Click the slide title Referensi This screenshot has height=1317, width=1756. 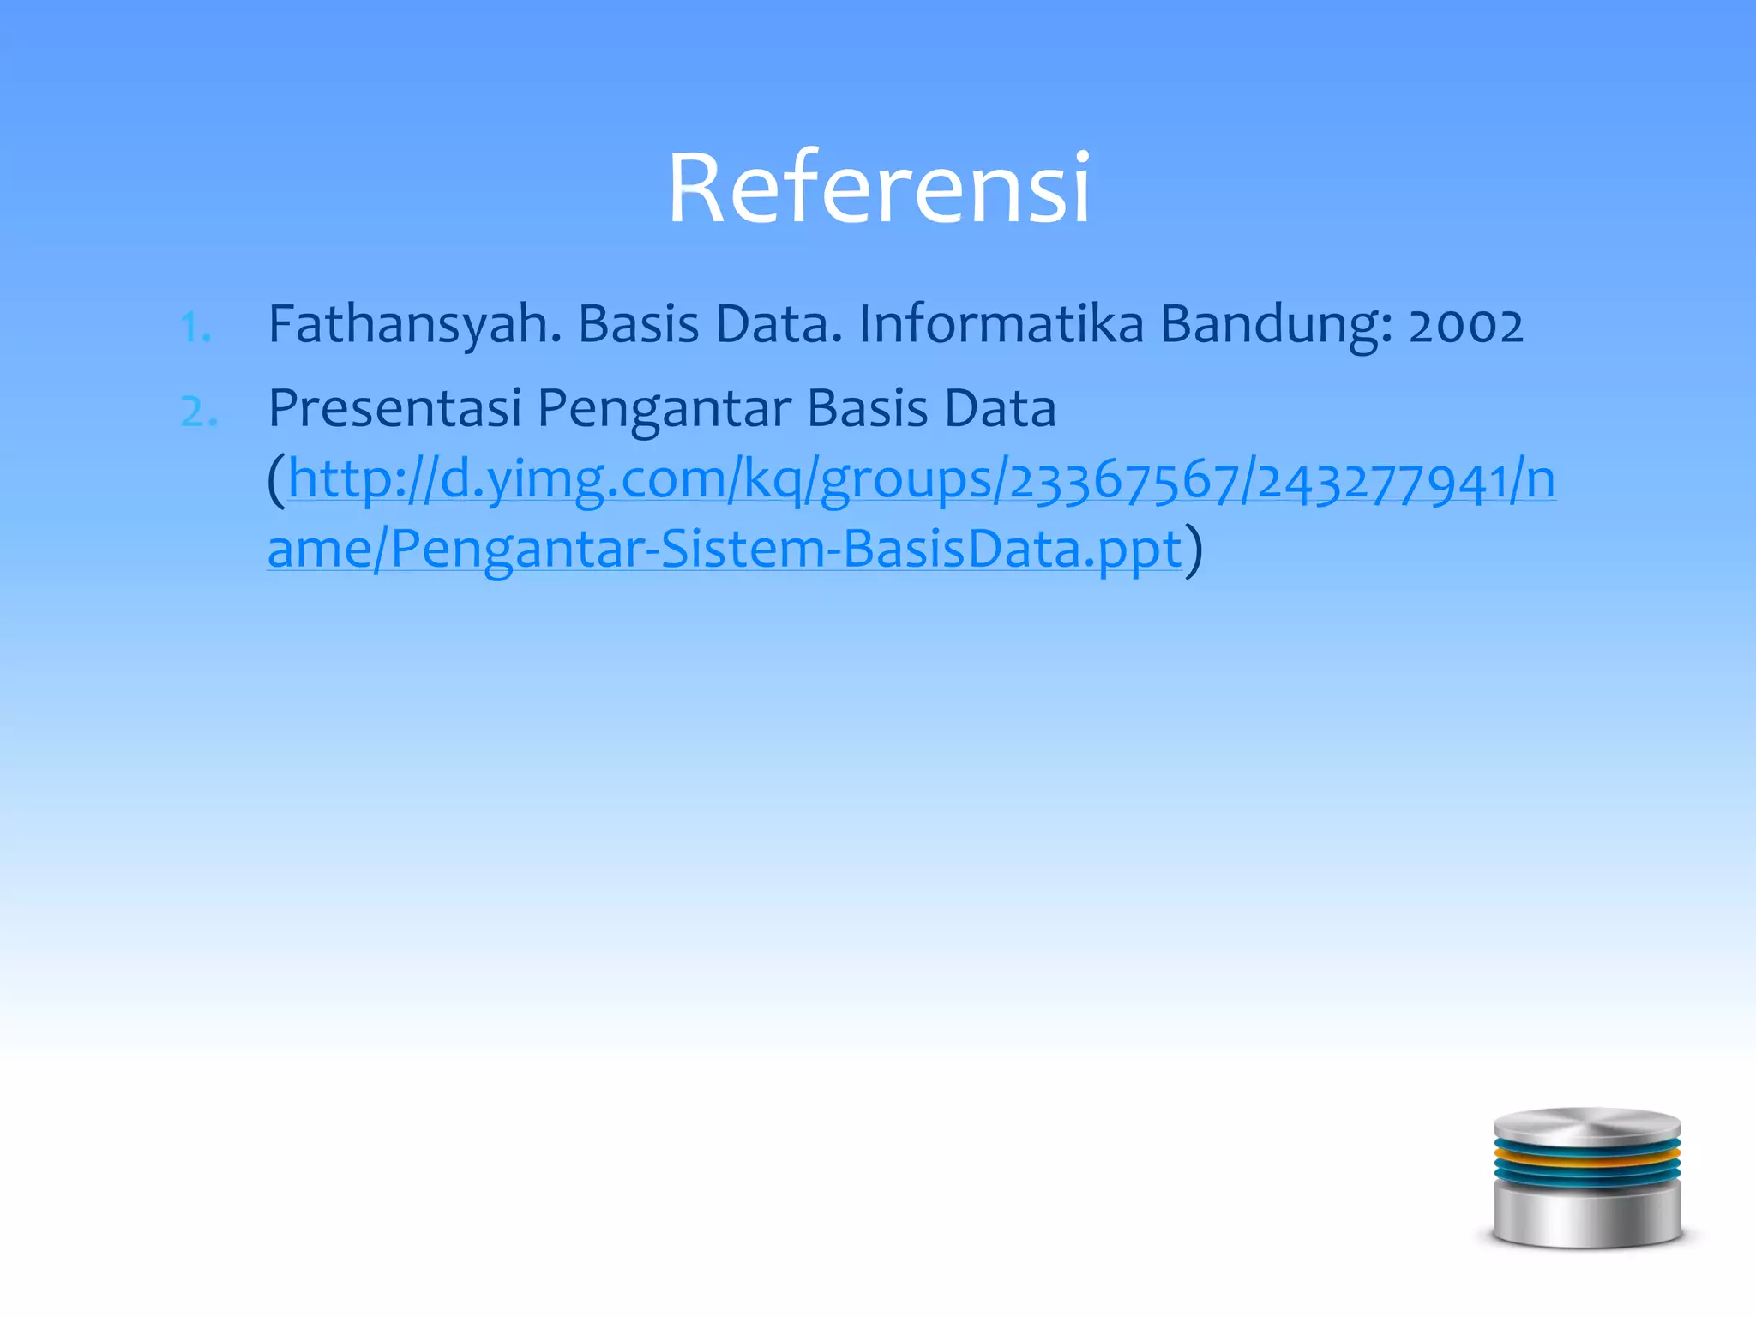878,188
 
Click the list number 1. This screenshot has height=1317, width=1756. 196,328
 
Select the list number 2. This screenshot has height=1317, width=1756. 199,412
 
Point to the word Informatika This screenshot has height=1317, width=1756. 1001,324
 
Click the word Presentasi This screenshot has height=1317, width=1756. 394,408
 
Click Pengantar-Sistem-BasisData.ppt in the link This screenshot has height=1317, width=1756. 785,549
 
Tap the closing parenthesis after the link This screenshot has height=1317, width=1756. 1194,549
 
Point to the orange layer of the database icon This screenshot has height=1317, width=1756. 1586,1157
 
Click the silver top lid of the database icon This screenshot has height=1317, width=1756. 1586,1125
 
